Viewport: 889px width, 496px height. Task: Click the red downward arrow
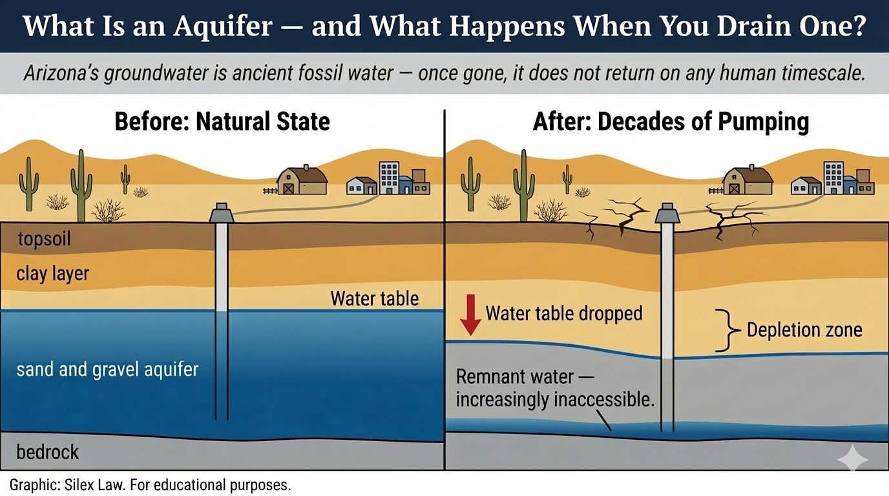(x=472, y=314)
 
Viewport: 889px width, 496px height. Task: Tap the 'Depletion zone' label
(x=804, y=330)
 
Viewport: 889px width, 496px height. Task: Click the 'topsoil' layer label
(x=44, y=240)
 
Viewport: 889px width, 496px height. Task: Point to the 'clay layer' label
(x=52, y=274)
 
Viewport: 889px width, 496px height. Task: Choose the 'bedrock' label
(x=48, y=451)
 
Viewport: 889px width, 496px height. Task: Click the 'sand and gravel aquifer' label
(x=107, y=370)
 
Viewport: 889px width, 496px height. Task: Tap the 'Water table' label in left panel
(x=375, y=298)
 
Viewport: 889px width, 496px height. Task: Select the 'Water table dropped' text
(x=564, y=314)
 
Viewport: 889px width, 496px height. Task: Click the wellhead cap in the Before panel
(x=222, y=212)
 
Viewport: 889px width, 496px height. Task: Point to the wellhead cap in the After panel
(x=667, y=212)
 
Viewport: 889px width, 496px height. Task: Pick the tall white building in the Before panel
(x=389, y=178)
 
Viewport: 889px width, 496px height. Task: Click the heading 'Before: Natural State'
(x=222, y=122)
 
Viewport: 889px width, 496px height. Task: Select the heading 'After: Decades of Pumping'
(x=671, y=122)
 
